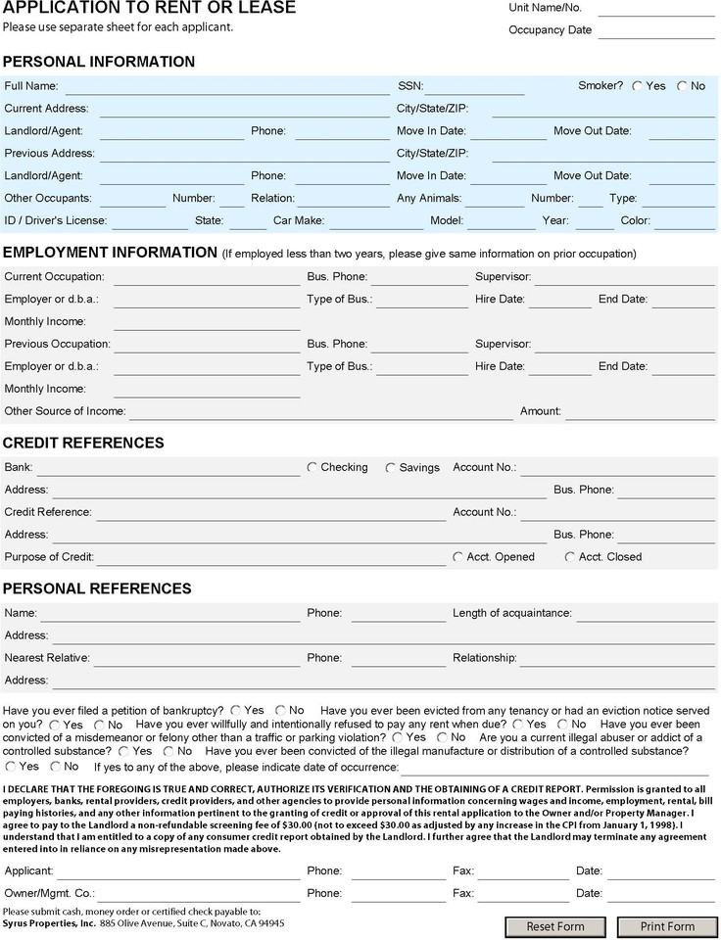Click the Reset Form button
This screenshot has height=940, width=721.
click(x=555, y=926)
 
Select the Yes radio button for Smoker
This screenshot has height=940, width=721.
click(x=638, y=86)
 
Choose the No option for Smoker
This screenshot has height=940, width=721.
click(x=682, y=86)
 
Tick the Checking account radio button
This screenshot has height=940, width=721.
click(x=312, y=468)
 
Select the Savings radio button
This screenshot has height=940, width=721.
click(x=391, y=468)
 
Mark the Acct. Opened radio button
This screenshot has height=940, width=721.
click(x=457, y=557)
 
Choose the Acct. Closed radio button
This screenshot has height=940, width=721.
click(x=570, y=557)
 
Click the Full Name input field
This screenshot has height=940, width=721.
click(x=226, y=87)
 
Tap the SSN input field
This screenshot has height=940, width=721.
click(x=474, y=87)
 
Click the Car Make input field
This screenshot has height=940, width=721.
click(x=375, y=221)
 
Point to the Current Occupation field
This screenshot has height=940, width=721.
click(x=207, y=277)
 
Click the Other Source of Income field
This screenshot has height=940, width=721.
click(x=321, y=412)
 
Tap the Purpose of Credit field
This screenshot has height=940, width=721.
click(x=270, y=557)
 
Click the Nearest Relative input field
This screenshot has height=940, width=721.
click(x=197, y=658)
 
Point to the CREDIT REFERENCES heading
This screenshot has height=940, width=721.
click(x=83, y=443)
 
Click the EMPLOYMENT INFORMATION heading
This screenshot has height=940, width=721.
click(x=110, y=252)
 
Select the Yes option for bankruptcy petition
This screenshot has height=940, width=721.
click(x=236, y=710)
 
